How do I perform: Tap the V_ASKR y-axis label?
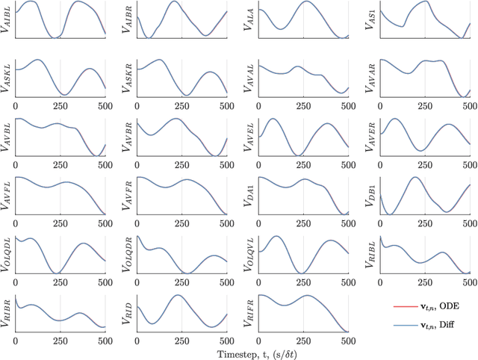coord(127,78)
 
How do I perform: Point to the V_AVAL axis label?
coord(248,78)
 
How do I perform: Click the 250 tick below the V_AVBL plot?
coord(60,166)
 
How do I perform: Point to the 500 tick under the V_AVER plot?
coord(468,166)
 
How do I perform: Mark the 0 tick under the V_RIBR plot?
coord(16,341)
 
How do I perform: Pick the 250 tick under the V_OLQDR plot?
coord(181,282)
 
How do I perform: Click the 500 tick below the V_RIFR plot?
coord(347,341)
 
